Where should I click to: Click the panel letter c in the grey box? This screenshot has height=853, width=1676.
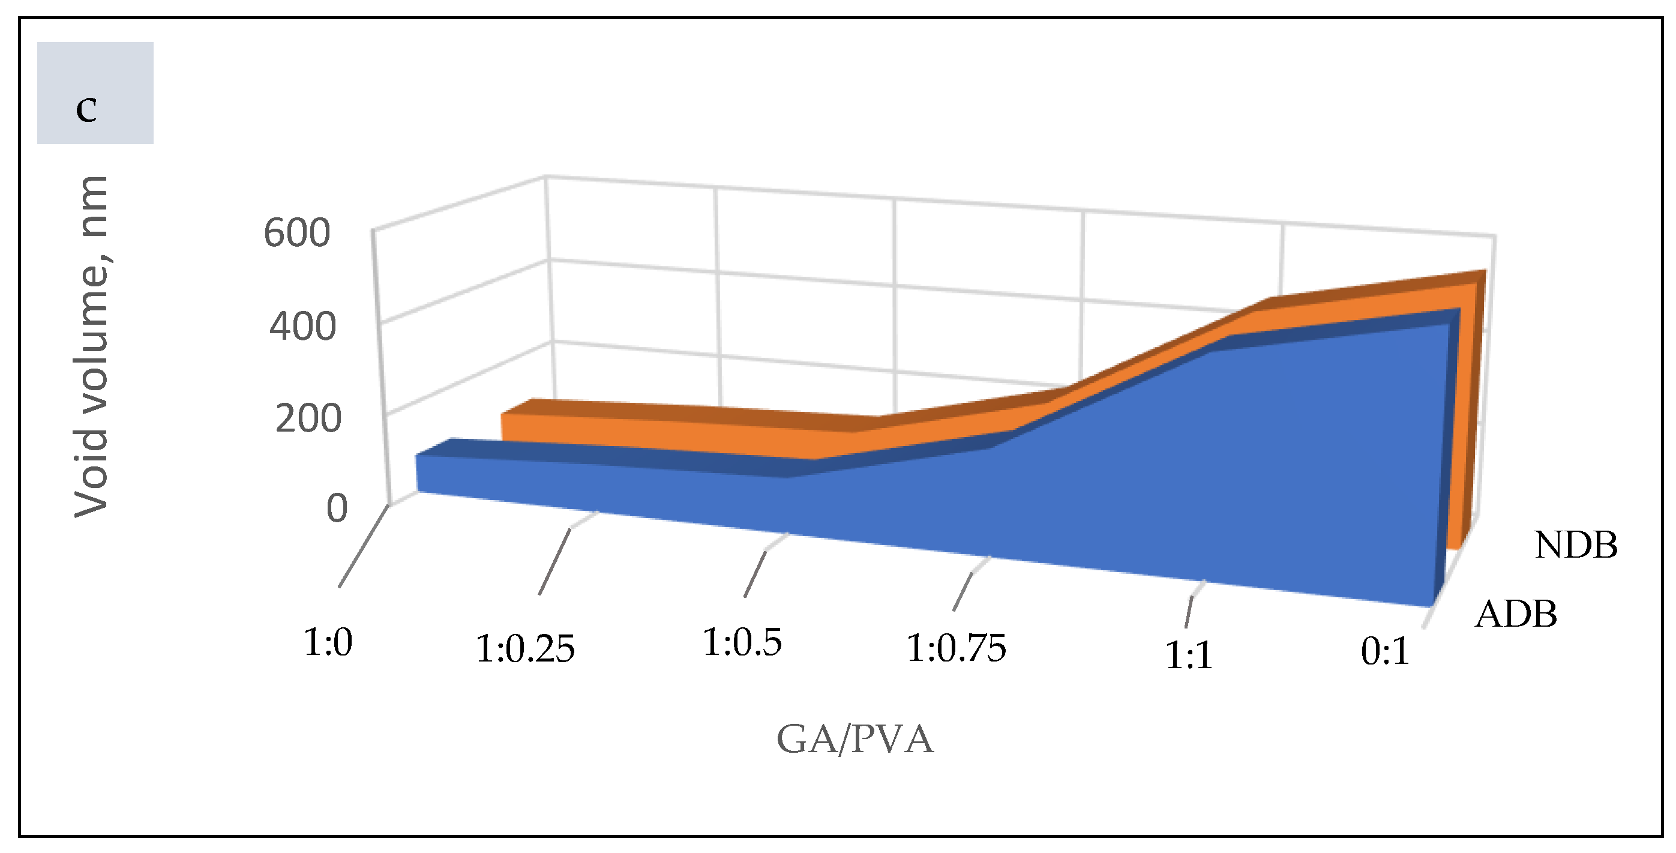click(86, 109)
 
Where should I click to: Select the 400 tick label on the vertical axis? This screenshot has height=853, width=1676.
click(302, 327)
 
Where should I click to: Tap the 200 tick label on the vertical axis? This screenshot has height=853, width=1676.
click(308, 419)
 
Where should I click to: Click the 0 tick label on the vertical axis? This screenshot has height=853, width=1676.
click(337, 509)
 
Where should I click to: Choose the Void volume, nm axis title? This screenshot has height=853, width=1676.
click(91, 346)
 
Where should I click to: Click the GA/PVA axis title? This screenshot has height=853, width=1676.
click(855, 740)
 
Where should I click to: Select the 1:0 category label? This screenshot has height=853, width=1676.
click(328, 643)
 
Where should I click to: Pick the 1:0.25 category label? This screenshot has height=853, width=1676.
click(525, 650)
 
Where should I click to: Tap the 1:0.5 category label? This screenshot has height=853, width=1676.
click(742, 643)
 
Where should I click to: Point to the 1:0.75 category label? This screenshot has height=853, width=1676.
click(956, 649)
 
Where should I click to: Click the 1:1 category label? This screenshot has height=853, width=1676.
click(1189, 655)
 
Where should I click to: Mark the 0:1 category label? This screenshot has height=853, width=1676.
click(1385, 651)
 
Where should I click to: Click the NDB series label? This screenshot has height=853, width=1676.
click(1576, 545)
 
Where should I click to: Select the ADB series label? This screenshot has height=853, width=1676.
click(1516, 614)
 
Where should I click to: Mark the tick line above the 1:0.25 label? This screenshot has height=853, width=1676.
click(554, 561)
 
